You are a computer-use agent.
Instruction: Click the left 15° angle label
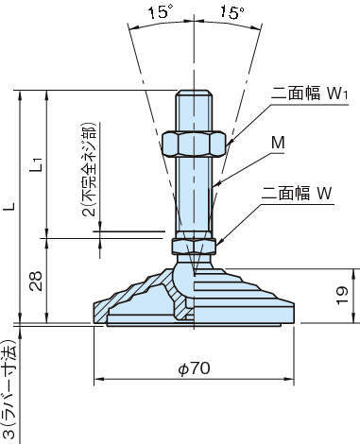coord(161,12)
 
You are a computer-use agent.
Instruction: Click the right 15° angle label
coord(232,12)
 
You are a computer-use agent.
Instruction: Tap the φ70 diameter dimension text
coord(194,368)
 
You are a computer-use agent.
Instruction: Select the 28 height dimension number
coord(35,281)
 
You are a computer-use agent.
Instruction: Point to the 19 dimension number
coord(342,296)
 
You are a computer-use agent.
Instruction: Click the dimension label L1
coord(37,164)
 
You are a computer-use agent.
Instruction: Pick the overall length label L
coord(10,204)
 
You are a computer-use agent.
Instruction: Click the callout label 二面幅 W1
coord(309,94)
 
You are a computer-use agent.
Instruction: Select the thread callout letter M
coord(278,143)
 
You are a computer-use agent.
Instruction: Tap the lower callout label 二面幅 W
coord(297,193)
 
